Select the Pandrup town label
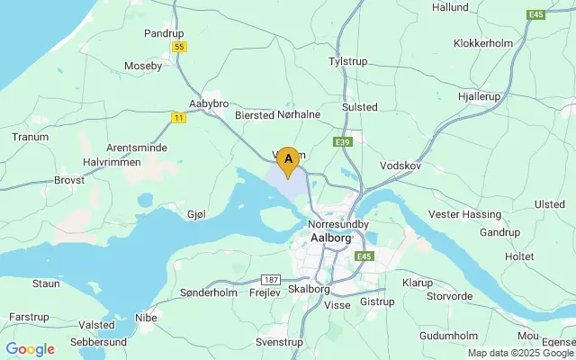tap(164, 33)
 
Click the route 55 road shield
tap(180, 46)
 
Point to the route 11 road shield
tap(178, 117)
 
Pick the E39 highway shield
tap(341, 142)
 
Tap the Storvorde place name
tap(450, 295)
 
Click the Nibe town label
tap(145, 317)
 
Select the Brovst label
tap(69, 180)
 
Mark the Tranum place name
tap(30, 137)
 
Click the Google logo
tap(31, 349)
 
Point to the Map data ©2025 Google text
tap(519, 354)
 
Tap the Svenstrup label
tap(279, 343)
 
